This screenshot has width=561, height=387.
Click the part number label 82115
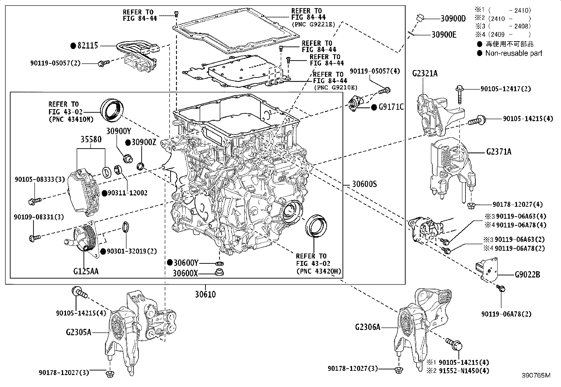tap(88, 46)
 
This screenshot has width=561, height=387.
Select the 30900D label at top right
tap(453, 19)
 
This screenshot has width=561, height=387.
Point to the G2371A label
tap(499, 152)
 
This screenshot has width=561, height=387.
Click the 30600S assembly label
tap(364, 184)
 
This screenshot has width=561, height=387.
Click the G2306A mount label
tap(368, 327)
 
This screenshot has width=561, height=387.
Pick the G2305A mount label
tap(78, 332)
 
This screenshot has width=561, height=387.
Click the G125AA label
tap(86, 271)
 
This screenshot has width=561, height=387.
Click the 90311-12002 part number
tap(128, 193)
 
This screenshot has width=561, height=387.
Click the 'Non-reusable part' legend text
tap(514, 53)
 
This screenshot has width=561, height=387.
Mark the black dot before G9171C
tap(374, 107)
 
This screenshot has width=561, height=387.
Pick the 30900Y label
tap(119, 131)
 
